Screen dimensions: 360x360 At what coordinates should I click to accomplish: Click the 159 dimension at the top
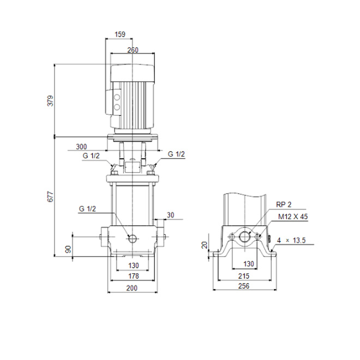click(120, 34)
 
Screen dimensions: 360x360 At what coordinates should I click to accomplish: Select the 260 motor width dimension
click(133, 50)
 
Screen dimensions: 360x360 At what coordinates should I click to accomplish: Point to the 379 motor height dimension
click(50, 101)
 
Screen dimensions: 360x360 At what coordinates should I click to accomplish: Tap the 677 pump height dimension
click(50, 196)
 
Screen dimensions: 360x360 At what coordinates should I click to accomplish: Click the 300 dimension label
click(81, 147)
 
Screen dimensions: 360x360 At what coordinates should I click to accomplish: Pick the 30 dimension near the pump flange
click(170, 215)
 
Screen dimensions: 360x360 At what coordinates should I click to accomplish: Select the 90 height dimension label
click(68, 249)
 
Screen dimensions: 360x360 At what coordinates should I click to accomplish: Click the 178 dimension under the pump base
click(134, 276)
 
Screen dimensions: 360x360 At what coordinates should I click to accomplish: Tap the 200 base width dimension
click(132, 288)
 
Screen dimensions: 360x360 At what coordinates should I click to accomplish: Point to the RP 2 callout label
click(284, 205)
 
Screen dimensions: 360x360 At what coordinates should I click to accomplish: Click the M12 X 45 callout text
click(293, 217)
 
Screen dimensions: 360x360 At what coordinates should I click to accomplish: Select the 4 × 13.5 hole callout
click(291, 241)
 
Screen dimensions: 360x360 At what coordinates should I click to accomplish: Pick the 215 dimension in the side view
click(244, 276)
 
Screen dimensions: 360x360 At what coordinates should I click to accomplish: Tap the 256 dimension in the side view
click(244, 286)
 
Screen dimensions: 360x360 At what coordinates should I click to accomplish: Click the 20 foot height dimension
click(205, 245)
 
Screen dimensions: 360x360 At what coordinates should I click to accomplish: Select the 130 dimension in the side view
click(249, 264)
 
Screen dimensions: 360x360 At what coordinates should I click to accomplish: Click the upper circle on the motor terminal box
click(117, 98)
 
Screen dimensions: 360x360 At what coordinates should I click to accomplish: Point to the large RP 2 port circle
click(245, 236)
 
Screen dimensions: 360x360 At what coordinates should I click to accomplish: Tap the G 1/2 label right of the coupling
click(176, 154)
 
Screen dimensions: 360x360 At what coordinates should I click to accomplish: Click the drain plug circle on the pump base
click(133, 239)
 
